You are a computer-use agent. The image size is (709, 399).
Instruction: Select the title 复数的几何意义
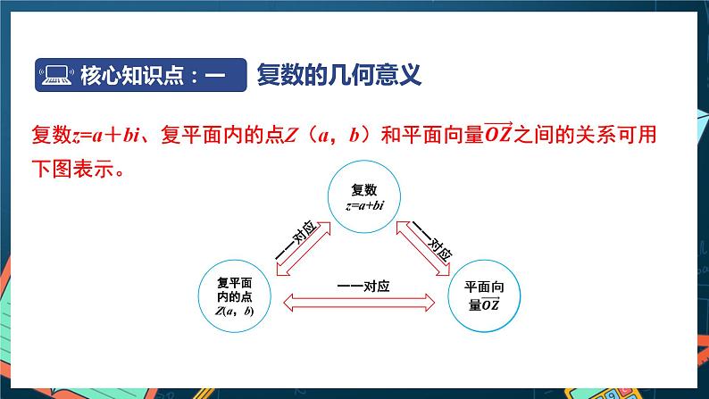[x=338, y=74]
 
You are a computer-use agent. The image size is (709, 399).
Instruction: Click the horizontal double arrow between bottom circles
[x=359, y=303]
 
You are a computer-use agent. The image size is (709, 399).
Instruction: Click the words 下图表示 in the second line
[x=74, y=169]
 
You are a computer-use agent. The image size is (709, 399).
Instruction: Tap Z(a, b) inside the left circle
[x=234, y=312]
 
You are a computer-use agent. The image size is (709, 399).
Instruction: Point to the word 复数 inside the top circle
[x=364, y=190]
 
